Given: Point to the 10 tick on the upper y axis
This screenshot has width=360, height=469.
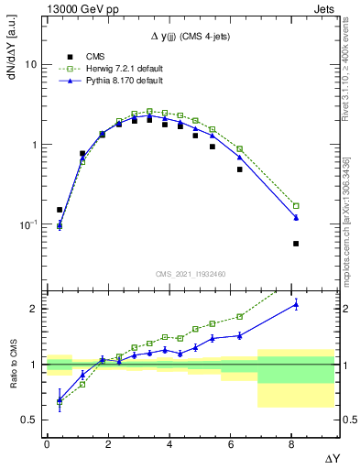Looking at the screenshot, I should coord(30,65).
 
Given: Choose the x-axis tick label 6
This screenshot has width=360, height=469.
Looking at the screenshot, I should coord(233,445).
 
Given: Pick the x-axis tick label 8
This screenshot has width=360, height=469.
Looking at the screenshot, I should coord(294,445).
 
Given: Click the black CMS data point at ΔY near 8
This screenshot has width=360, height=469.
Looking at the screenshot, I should coord(296,244).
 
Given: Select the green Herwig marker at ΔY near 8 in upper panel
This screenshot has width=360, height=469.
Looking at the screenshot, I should coord(296,205).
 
